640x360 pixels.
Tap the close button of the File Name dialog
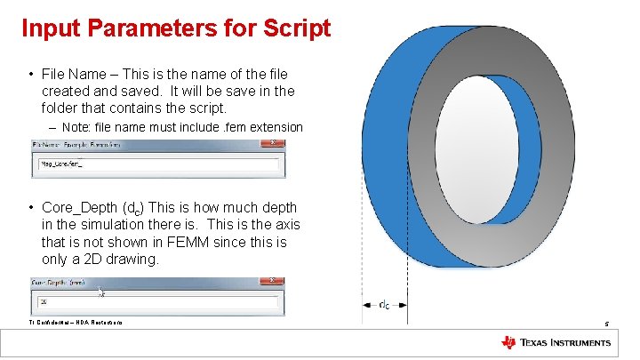(278, 144)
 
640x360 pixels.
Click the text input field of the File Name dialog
(157, 164)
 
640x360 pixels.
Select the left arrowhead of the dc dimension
(365, 305)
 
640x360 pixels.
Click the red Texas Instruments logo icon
(508, 342)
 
